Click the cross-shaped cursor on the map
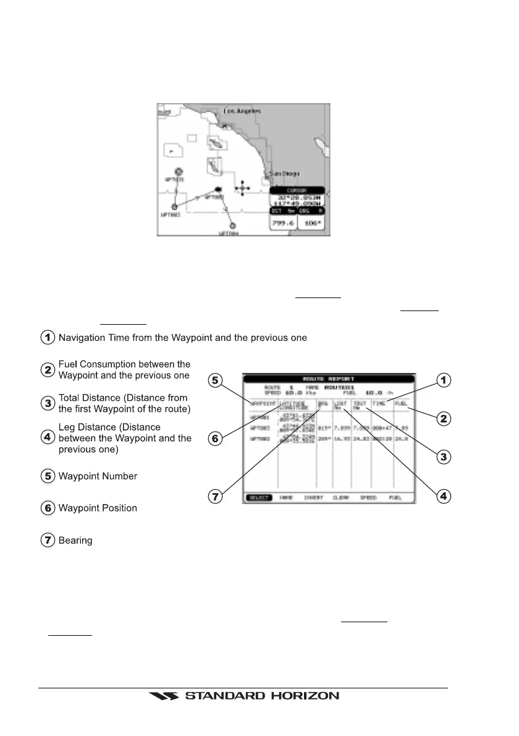coord(243,187)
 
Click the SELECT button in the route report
coord(257,497)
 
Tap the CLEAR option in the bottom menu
coord(341,497)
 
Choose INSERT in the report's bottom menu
coord(313,497)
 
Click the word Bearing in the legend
coord(75,541)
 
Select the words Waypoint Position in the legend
coord(98,508)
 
